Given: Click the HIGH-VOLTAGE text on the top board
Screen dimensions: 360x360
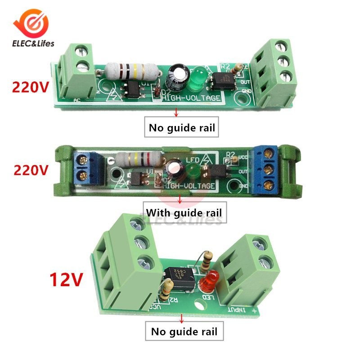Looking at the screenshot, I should click(x=192, y=98).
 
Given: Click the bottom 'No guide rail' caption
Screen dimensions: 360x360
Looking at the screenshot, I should click(x=184, y=332).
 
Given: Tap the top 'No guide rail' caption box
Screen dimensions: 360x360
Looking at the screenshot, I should click(x=182, y=128).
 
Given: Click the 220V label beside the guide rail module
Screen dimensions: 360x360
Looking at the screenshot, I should click(x=30, y=170).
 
